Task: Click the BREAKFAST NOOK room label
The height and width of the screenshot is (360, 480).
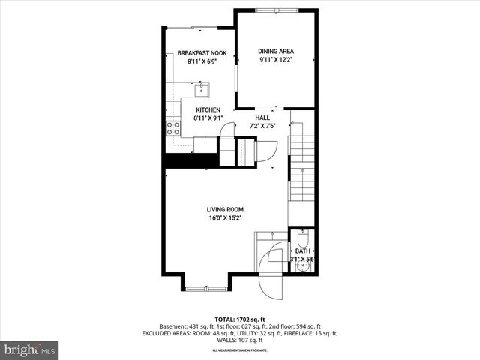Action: [x=202, y=53]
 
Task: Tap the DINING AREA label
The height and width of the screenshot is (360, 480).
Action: [x=276, y=51]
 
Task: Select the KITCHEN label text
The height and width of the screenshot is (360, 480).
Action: [x=207, y=110]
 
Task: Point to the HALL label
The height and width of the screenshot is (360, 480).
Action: [x=262, y=118]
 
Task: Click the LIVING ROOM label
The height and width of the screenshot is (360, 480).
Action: [x=225, y=210]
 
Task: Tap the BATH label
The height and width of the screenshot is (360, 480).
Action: [x=302, y=251]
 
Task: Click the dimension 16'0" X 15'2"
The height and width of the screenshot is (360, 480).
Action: [x=225, y=218]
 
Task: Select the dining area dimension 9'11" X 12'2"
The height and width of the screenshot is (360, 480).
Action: [x=276, y=59]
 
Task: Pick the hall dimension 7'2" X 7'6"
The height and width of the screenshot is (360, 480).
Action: [x=262, y=126]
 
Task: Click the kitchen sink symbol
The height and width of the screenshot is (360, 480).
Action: [x=201, y=91]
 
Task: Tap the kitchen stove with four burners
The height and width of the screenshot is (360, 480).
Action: [x=173, y=128]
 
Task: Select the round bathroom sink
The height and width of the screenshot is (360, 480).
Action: [x=303, y=265]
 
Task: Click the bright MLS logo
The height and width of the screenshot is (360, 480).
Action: [x=30, y=349]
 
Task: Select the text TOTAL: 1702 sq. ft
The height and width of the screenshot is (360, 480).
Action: [x=240, y=319]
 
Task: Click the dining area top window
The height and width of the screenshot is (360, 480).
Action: [x=274, y=10]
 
